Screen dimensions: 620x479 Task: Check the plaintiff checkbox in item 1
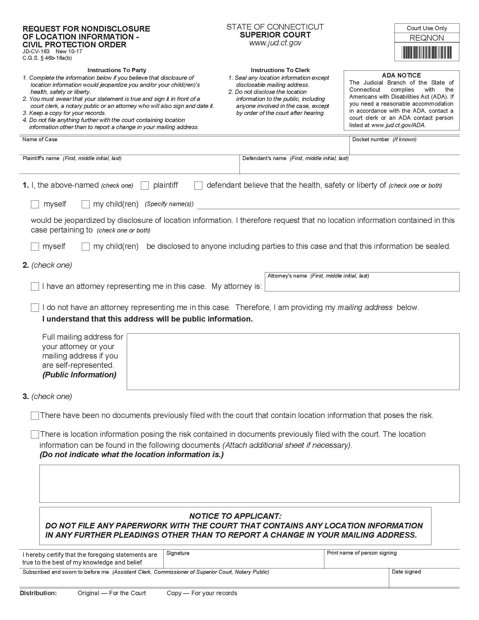(x=145, y=186)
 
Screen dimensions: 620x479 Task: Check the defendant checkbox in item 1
(x=198, y=186)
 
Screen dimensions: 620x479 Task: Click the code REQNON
(x=427, y=38)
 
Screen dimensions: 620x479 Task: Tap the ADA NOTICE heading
(x=401, y=75)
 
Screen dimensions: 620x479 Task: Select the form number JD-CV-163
(x=36, y=51)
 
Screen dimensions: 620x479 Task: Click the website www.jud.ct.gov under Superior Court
(x=275, y=43)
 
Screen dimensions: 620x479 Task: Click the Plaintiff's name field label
(x=41, y=158)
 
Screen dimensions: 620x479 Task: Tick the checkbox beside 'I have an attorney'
(x=35, y=286)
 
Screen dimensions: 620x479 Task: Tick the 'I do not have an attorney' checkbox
(x=35, y=307)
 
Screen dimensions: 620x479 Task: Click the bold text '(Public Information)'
(x=79, y=375)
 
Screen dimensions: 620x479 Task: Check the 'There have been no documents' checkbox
(x=35, y=416)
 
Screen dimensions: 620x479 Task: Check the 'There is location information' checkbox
(x=35, y=434)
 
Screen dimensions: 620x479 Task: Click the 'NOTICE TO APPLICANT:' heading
(x=235, y=516)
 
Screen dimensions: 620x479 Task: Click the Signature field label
(x=178, y=553)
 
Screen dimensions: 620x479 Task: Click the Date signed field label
(x=406, y=572)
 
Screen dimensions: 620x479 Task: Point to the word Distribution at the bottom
(x=38, y=593)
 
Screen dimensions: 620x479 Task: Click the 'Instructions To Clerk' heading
(x=280, y=70)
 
